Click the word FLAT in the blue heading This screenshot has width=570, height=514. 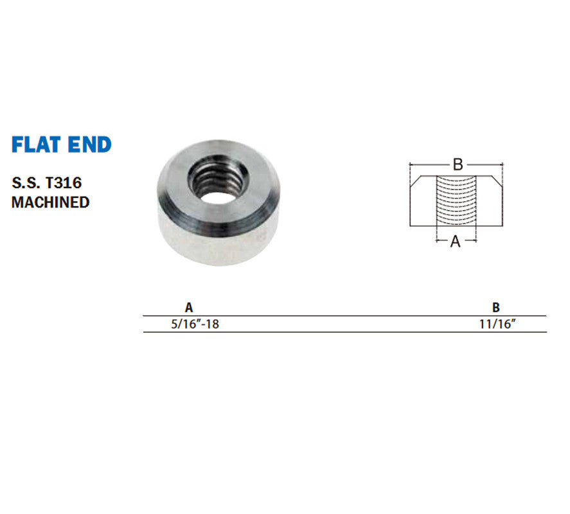36,145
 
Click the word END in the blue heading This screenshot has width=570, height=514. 90,145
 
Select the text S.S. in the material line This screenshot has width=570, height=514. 26,183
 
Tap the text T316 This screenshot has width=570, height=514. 64,183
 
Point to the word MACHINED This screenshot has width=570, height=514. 51,202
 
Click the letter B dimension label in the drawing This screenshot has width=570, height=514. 458,164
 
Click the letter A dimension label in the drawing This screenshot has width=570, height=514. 455,242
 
